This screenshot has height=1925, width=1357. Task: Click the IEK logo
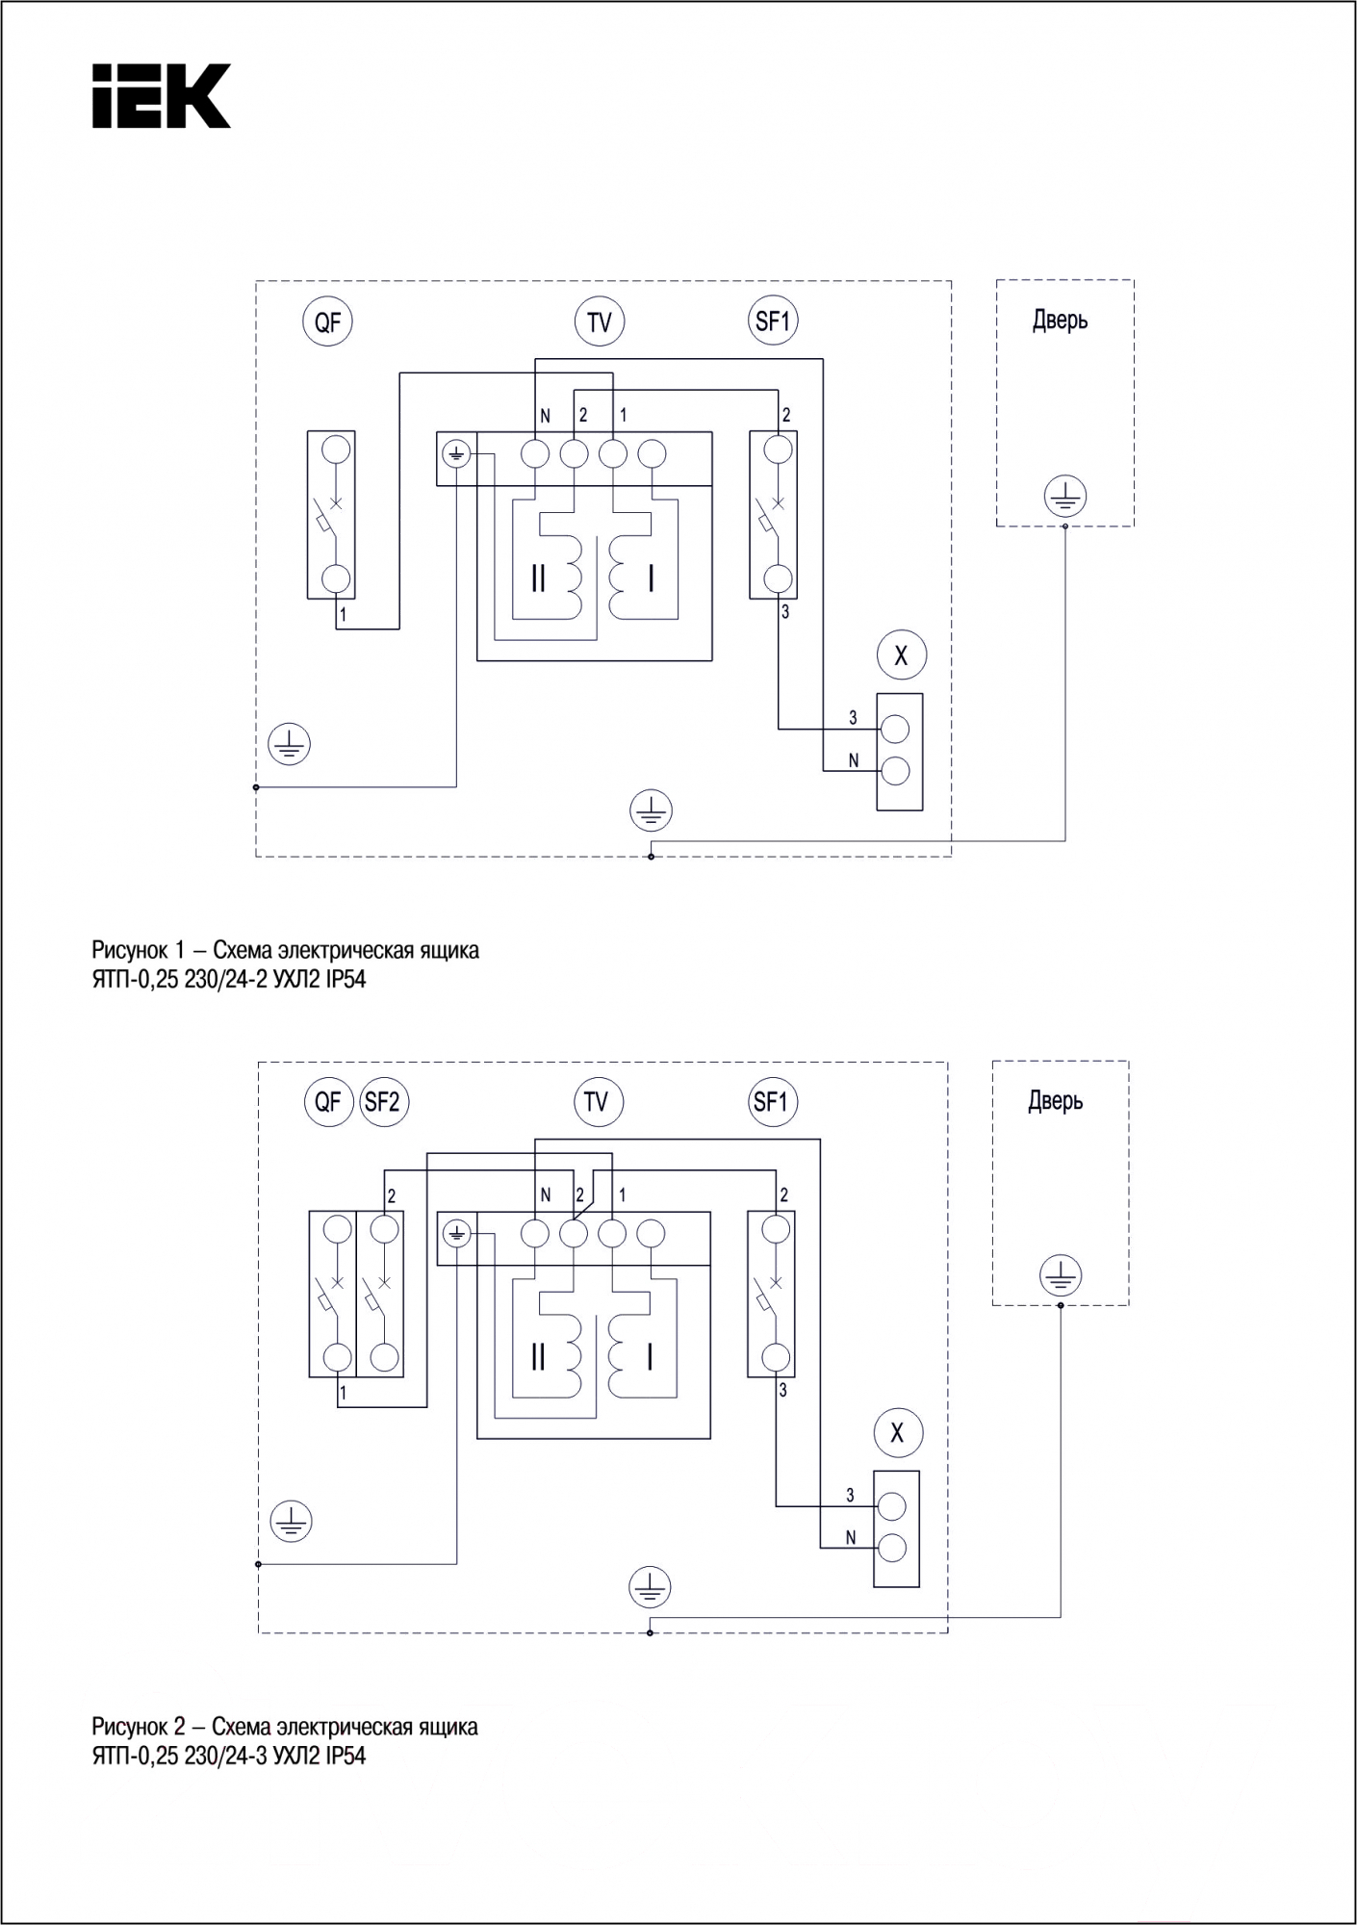coord(161,96)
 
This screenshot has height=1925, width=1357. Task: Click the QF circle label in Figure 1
coord(327,321)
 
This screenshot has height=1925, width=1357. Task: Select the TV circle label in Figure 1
coord(600,321)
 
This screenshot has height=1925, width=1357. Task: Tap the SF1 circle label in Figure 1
coord(773,321)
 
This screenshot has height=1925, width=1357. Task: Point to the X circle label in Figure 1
coord(901,655)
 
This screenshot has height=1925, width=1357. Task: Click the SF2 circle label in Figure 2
coord(383,1101)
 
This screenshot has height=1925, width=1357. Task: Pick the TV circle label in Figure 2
coord(597,1101)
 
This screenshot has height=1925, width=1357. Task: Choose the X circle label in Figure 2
coord(897,1433)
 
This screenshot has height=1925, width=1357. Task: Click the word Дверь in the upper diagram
coord(1061,321)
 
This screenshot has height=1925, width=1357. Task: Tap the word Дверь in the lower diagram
coord(1056,1101)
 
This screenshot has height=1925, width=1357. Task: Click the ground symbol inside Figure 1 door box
coord(1064,498)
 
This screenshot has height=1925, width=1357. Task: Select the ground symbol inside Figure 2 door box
coord(1061,1277)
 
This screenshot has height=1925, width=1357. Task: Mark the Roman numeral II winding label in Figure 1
coord(538,578)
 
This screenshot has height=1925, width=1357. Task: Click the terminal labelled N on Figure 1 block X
coord(894,771)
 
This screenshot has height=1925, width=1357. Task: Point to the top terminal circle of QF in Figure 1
coord(336,449)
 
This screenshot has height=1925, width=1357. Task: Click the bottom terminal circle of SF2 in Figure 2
coord(384,1357)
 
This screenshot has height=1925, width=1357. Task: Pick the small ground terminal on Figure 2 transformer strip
coord(457,1232)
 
